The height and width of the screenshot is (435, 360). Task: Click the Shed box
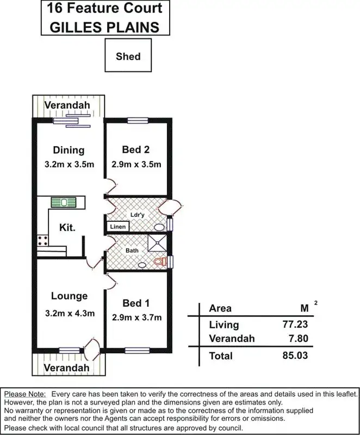tap(128, 57)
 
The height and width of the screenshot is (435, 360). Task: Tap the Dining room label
tap(69, 150)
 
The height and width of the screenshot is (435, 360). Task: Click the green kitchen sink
tap(64, 202)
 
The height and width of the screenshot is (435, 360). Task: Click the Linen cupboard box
tap(117, 227)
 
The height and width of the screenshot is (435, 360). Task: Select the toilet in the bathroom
tap(159, 262)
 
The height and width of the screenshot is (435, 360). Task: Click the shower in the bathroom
tap(158, 244)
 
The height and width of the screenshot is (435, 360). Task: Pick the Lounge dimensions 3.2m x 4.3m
tap(69, 313)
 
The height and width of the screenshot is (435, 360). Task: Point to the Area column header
tap(220, 308)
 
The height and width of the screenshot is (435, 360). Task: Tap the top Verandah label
tap(67, 104)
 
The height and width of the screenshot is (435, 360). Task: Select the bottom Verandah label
tap(67, 368)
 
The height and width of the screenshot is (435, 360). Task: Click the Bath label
tap(133, 251)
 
